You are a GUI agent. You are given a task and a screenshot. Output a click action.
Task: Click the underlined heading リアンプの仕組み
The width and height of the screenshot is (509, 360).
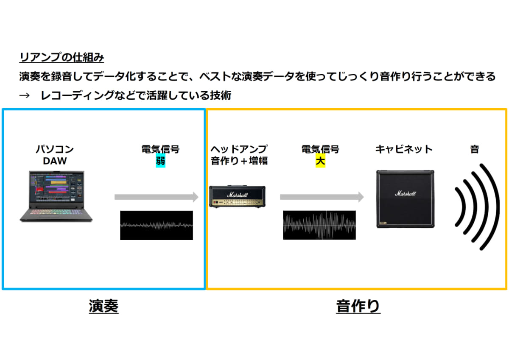coord(62,57)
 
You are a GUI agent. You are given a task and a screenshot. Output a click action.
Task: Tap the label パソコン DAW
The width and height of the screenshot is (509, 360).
coord(54,155)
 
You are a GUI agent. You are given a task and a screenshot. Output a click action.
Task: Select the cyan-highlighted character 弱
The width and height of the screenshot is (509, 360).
coord(160,161)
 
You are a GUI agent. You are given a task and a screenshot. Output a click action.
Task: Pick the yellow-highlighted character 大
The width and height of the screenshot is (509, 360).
coord(320,161)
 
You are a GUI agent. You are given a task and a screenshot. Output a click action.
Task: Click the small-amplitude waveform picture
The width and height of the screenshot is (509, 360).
coord(156,225)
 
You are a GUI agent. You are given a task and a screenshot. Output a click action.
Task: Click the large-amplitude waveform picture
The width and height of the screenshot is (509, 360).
coord(320,225)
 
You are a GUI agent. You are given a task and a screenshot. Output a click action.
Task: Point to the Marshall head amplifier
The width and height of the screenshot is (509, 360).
coord(238,197)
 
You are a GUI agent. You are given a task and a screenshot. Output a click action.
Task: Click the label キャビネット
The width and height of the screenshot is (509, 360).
coord(404,149)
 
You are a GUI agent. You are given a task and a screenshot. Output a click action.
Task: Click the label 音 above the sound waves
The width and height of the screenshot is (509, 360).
coord(475,149)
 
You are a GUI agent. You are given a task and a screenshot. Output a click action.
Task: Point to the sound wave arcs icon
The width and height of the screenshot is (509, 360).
coord(475,206)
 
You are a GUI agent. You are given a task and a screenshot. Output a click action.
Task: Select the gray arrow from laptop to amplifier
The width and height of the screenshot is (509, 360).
coord(156,197)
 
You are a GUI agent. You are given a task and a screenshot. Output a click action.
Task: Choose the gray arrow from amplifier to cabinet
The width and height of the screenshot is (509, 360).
coord(322,197)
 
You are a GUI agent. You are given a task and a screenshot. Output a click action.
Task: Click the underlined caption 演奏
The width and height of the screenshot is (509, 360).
coord(103,306)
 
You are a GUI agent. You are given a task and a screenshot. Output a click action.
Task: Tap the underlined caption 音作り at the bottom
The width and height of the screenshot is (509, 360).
coord(358,306)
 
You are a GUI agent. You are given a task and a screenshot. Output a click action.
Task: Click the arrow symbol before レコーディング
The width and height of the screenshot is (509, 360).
coord(25,95)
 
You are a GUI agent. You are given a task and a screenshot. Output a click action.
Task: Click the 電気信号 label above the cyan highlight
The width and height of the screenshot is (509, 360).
coord(160,149)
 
